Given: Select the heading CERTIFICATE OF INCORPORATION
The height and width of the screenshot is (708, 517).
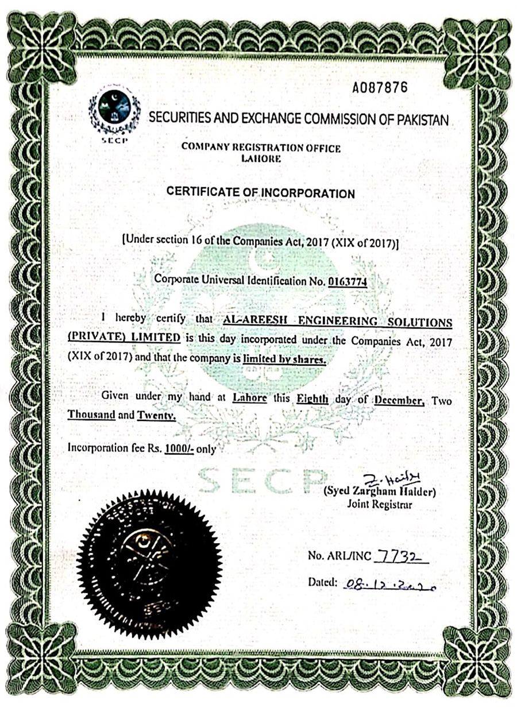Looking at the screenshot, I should tap(260, 193).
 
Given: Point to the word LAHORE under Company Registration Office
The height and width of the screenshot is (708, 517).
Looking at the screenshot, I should tap(260, 158).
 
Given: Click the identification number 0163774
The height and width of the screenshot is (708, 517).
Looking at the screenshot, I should tap(347, 281).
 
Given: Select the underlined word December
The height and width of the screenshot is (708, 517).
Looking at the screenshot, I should tap(399, 400).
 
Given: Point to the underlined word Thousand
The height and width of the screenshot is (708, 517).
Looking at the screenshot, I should tap(91, 414).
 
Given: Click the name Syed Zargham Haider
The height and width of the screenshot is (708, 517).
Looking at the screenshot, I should tap(380, 493).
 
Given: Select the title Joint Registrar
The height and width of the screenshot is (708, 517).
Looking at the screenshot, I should tap(380, 505).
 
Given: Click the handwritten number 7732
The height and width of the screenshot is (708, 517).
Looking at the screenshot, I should tap(400, 555).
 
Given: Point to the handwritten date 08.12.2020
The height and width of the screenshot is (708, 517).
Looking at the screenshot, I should tap(389, 584).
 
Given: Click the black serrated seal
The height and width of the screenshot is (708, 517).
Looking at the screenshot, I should tap(149, 564).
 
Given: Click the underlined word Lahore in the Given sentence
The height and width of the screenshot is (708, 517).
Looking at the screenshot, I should tap(250, 398).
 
